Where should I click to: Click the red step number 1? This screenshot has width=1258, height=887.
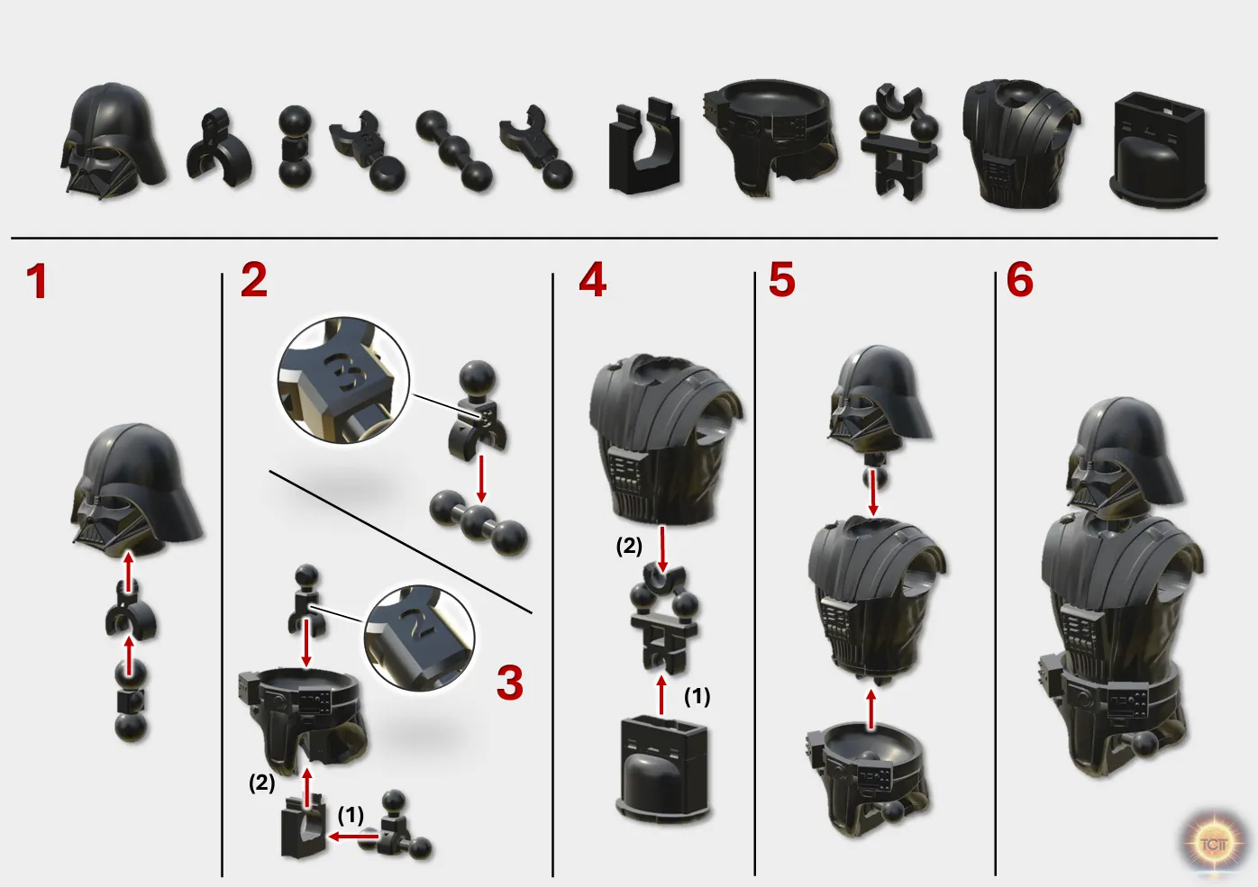pyautogui.click(x=37, y=282)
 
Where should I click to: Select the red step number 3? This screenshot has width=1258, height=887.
pyautogui.click(x=510, y=683)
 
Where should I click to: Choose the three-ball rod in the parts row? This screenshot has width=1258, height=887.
pyautogui.click(x=455, y=150)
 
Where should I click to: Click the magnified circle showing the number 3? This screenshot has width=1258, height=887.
pyautogui.click(x=343, y=381)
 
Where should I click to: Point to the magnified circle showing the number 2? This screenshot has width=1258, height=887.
pyautogui.click(x=419, y=638)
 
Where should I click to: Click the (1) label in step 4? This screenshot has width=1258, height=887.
pyautogui.click(x=697, y=696)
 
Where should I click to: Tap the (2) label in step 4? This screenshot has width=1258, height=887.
pyautogui.click(x=629, y=546)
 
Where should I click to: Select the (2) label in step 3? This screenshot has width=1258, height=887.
pyautogui.click(x=261, y=783)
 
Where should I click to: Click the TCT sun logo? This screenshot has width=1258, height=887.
pyautogui.click(x=1213, y=843)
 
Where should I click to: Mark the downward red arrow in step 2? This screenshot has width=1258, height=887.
pyautogui.click(x=480, y=478)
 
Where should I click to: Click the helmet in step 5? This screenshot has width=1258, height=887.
pyautogui.click(x=880, y=400)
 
